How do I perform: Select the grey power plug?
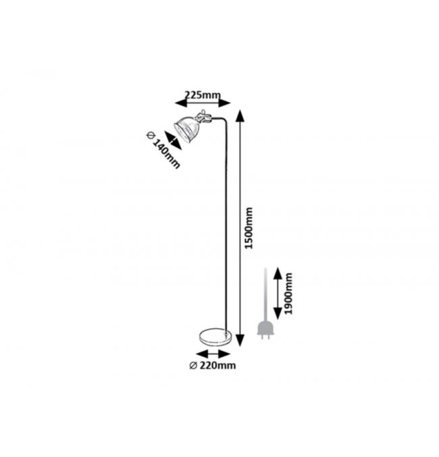[x=265, y=331]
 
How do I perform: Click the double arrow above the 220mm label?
[x=213, y=353]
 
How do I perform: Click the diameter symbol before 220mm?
[x=194, y=365]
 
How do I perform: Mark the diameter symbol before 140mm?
[x=151, y=135]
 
